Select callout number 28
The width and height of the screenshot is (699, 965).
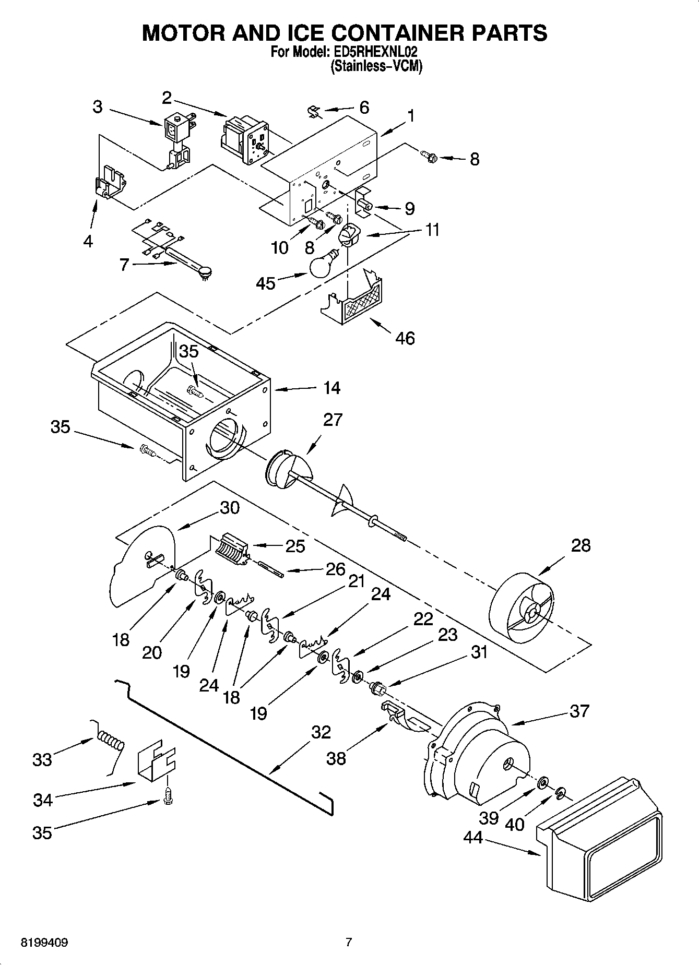click(x=580, y=545)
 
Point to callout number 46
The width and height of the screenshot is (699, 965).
click(x=405, y=338)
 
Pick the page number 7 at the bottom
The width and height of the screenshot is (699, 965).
click(x=349, y=942)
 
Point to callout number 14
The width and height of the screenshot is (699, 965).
click(x=332, y=388)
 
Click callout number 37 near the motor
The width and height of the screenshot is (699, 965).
click(x=579, y=711)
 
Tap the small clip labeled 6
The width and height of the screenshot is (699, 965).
click(x=313, y=112)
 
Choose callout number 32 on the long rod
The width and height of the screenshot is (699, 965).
click(x=321, y=733)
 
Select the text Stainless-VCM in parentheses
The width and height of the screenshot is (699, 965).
click(x=376, y=66)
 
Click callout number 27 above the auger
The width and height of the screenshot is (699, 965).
click(x=332, y=420)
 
